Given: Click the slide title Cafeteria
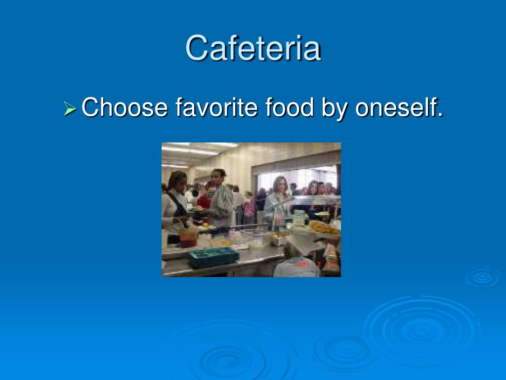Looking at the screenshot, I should click(x=253, y=48).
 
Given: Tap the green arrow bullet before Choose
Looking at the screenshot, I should click(x=70, y=107).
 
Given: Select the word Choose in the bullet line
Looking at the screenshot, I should click(x=124, y=107).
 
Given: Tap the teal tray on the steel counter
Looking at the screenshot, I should click(x=213, y=257).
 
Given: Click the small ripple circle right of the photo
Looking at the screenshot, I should click(x=482, y=277).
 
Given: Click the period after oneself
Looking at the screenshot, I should click(x=440, y=115).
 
